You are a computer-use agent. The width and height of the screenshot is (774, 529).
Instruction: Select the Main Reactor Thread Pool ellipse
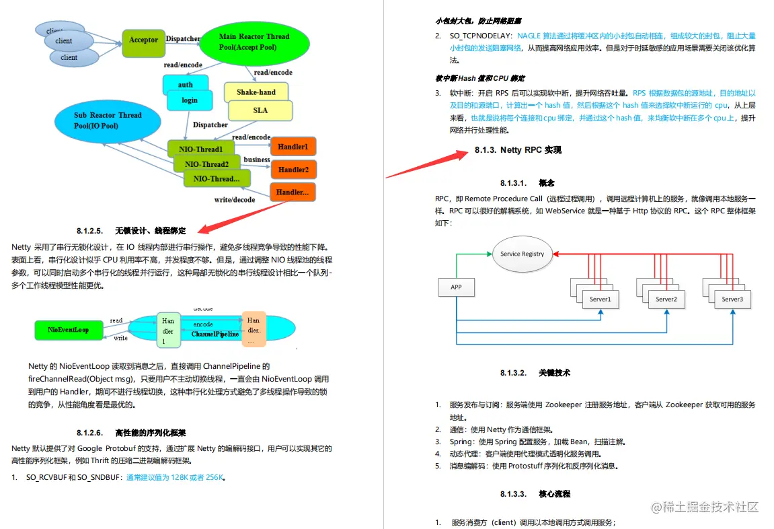[x=254, y=42]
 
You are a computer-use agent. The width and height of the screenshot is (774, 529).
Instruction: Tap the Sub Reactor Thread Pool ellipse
[x=108, y=120]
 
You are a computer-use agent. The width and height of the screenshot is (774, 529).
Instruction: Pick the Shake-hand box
[x=256, y=92]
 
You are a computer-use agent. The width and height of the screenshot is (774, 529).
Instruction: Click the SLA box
[x=260, y=110]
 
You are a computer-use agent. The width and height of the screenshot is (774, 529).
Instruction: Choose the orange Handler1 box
[x=293, y=146]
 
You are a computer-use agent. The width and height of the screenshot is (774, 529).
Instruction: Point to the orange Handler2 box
[x=293, y=170]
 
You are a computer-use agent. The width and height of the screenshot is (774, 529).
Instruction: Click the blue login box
[x=190, y=100]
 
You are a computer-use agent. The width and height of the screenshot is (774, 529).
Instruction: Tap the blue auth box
[x=185, y=84]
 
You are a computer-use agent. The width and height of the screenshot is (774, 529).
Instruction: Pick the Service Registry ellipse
[x=523, y=254]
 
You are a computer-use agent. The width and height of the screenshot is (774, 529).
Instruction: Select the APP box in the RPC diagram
[x=456, y=288]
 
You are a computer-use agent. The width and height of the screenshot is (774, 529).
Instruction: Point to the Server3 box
[x=732, y=299]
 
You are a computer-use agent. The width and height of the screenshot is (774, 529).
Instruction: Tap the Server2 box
[x=666, y=299]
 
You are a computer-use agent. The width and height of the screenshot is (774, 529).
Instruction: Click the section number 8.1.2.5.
[x=89, y=230]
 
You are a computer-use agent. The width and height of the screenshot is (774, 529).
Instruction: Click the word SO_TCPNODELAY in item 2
[x=481, y=35]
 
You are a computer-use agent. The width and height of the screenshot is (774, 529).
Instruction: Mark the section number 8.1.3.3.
[x=513, y=494]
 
